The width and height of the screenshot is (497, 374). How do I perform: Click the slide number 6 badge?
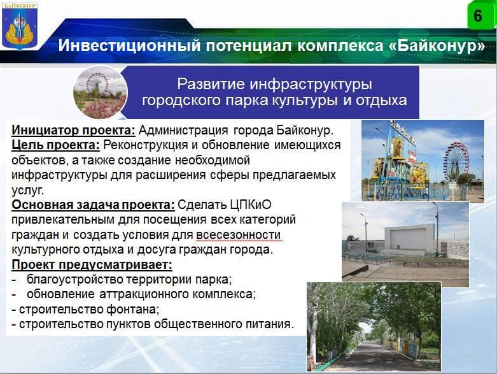(480, 15)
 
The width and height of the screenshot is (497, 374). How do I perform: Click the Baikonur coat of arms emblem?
(20, 26)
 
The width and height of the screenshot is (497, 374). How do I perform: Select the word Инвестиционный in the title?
(129, 45)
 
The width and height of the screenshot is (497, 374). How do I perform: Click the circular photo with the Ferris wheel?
(100, 92)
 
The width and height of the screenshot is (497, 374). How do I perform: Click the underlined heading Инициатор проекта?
(74, 131)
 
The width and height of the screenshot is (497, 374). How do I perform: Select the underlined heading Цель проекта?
(56, 145)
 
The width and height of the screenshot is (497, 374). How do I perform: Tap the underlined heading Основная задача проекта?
(93, 205)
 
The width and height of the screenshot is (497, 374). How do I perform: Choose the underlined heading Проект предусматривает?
(92, 265)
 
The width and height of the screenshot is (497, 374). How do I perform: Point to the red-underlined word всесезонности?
(239, 235)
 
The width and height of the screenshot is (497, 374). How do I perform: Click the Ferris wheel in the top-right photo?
(456, 162)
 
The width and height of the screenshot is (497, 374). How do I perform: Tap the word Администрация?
(183, 131)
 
